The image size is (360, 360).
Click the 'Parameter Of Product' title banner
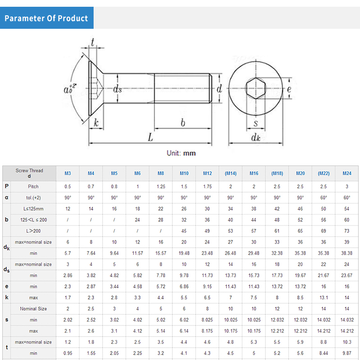47,18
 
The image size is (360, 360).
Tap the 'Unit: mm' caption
181,153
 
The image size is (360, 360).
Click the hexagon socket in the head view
256,88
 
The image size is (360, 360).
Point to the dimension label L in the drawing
150,137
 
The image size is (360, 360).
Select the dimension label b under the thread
183,122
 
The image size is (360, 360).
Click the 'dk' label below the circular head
256,138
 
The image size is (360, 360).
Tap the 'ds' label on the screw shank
117,89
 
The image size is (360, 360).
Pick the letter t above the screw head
93,42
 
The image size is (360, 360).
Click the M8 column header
161,173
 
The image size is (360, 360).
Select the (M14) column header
230,173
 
